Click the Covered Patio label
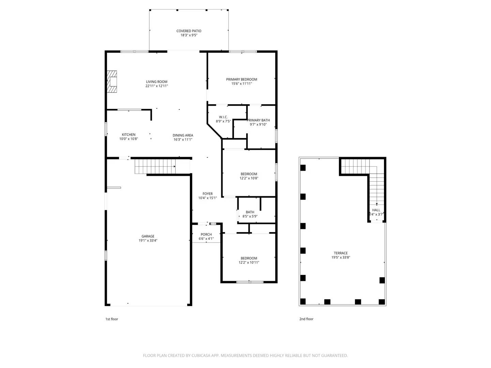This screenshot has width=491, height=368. tap(189, 31)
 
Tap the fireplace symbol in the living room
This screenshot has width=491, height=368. tap(112, 81)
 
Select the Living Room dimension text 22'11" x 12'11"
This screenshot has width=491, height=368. tap(157, 86)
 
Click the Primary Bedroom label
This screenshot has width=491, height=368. tap(241, 79)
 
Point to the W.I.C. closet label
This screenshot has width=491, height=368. tap(223, 117)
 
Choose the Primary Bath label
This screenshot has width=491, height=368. tap(258, 120)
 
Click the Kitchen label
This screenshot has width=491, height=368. tap(129, 135)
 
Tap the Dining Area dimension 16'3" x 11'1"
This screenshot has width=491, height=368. tap(183, 139)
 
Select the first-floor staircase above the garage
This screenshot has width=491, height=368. tap(155, 166)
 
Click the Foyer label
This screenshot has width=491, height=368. tap(207, 194)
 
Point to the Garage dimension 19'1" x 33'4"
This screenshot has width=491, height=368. tap(148, 241)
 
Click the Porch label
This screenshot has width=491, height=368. tap(206, 234)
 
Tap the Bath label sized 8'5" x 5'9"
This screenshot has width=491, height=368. tap(250, 212)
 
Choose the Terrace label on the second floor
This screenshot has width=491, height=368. tap(341, 253)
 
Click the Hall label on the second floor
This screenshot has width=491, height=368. tap(376, 210)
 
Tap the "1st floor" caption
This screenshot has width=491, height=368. tap(111, 319)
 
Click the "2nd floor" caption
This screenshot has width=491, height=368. tap(306, 319)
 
